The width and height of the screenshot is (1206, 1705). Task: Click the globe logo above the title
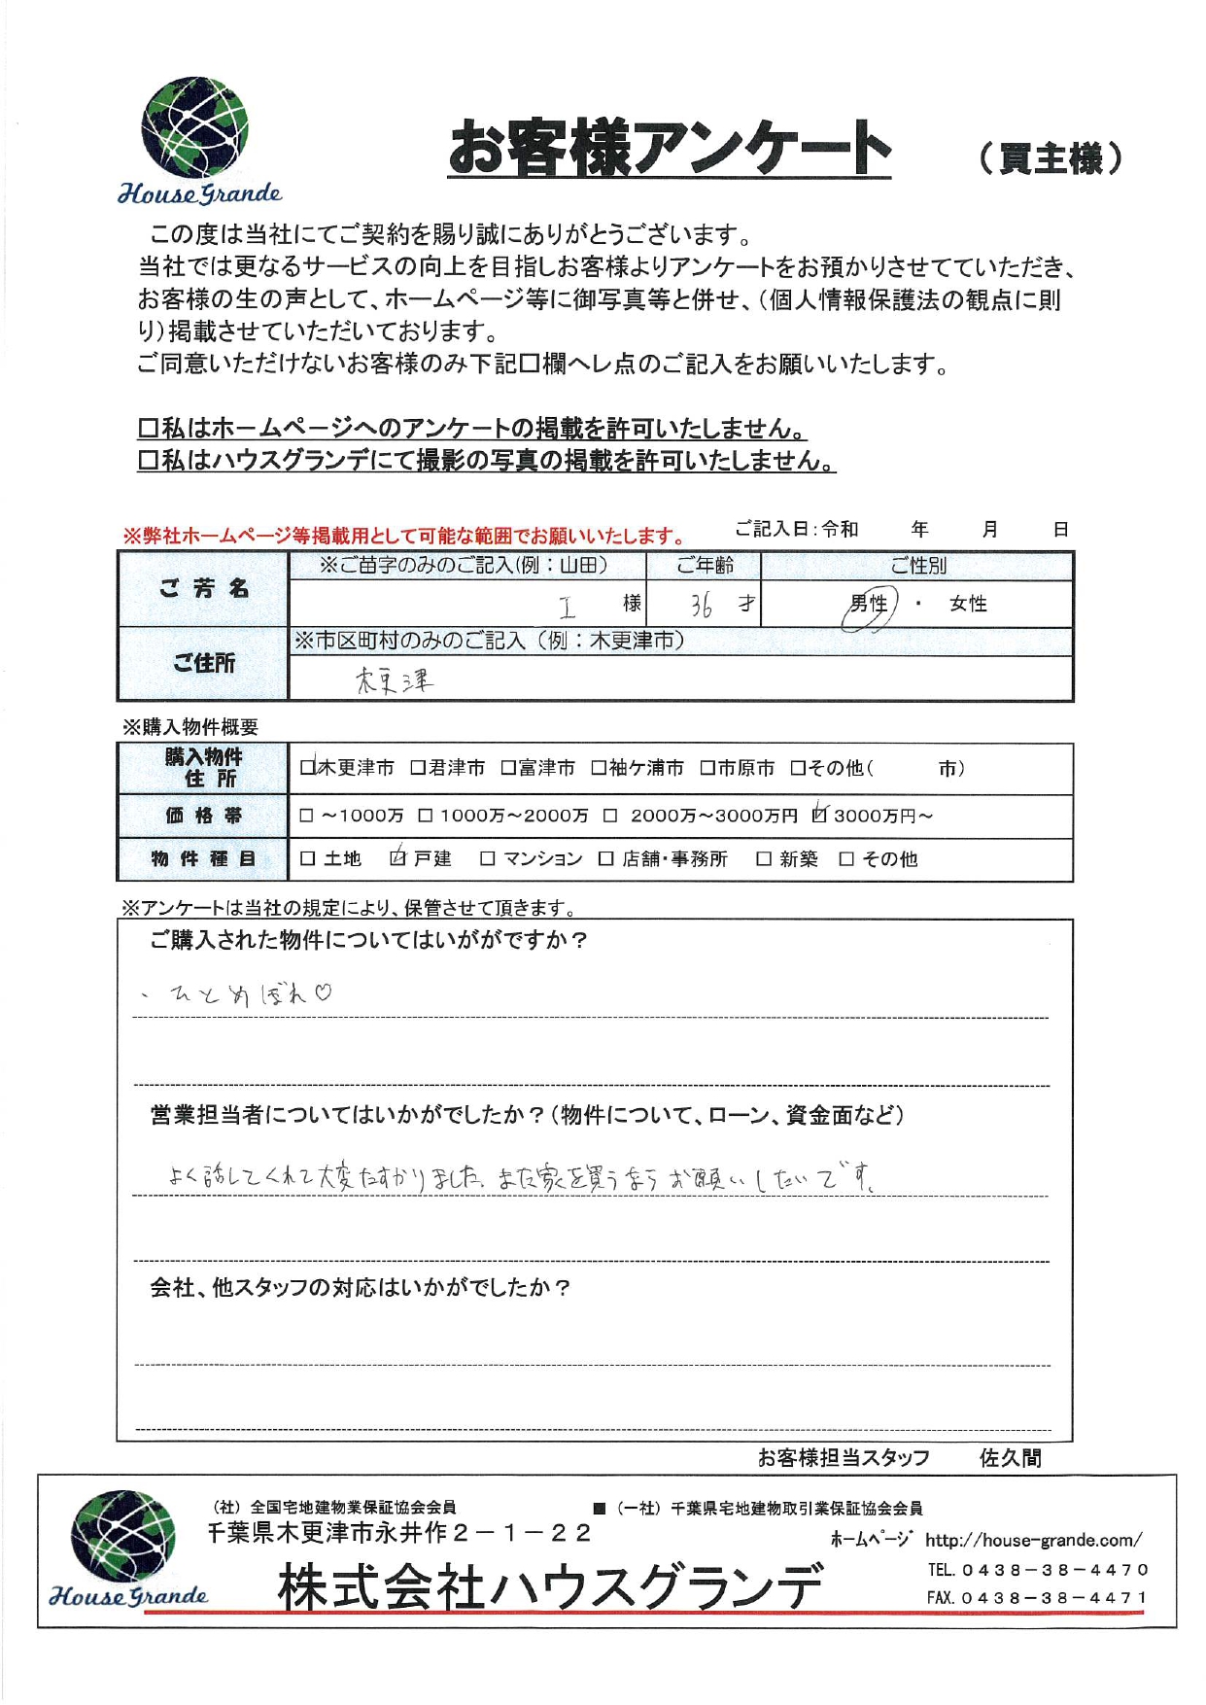pyautogui.click(x=194, y=127)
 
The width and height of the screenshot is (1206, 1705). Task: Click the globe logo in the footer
pyautogui.click(x=123, y=1537)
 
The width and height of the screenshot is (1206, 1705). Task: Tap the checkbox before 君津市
pyautogui.click(x=418, y=768)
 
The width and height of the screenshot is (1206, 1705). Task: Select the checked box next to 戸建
pyautogui.click(x=397, y=857)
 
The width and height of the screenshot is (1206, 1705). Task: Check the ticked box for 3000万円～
pyautogui.click(x=819, y=815)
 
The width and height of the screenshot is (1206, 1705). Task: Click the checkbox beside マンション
pyautogui.click(x=488, y=858)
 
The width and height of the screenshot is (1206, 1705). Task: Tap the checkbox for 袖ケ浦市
pyautogui.click(x=599, y=768)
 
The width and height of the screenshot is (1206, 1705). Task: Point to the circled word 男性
pyautogui.click(x=868, y=605)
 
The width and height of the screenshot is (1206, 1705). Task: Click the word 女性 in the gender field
pyautogui.click(x=968, y=605)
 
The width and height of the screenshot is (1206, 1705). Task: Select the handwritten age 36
pyautogui.click(x=702, y=606)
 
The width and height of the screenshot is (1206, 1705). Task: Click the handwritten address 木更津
pyautogui.click(x=394, y=680)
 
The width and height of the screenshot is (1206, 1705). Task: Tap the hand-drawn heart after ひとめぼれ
pyautogui.click(x=323, y=992)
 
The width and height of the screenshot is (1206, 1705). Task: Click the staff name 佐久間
pyautogui.click(x=1010, y=1458)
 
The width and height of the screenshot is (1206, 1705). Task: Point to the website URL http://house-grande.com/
pyautogui.click(x=1033, y=1541)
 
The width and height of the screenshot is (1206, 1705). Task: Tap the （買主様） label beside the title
pyautogui.click(x=1050, y=157)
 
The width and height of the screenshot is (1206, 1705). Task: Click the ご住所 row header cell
pyautogui.click(x=204, y=663)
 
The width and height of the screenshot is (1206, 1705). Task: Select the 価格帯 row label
pyautogui.click(x=204, y=816)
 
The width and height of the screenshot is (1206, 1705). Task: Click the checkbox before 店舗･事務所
pyautogui.click(x=606, y=858)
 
